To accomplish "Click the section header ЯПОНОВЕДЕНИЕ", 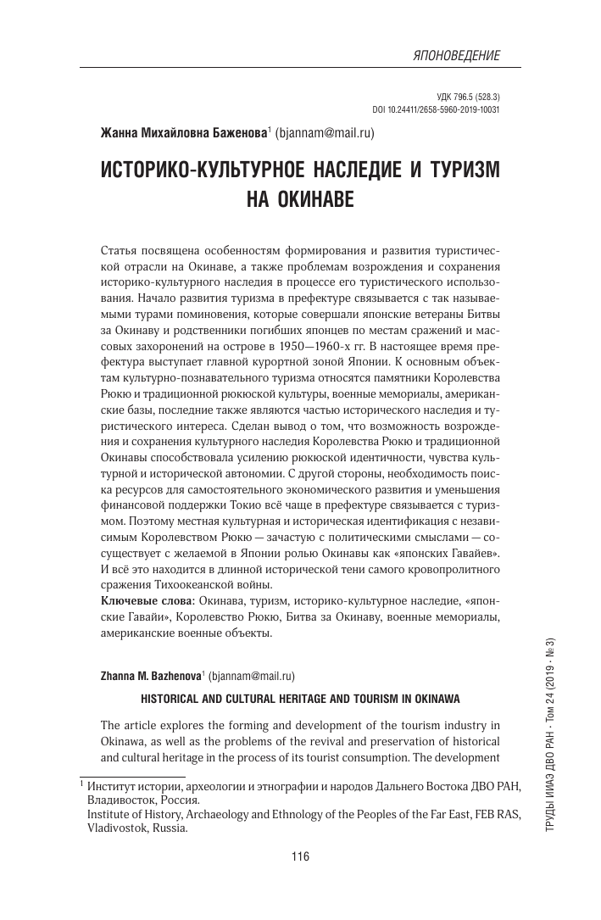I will pos(455,55).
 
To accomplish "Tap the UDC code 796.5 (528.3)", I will pos(465,98).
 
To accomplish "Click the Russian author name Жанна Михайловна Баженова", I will pos(184,132).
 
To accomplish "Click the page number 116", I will pos(300,856).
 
